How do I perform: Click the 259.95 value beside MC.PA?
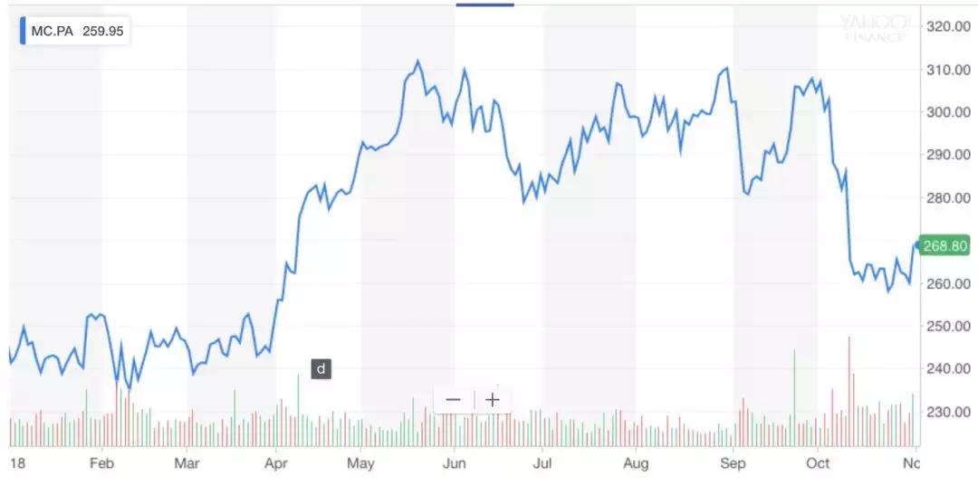tap(103, 31)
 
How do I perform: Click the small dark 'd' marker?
tap(321, 368)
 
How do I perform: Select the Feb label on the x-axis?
tap(101, 462)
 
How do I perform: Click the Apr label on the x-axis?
tap(275, 462)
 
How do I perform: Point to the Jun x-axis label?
tap(454, 462)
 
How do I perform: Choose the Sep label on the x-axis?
tap(733, 462)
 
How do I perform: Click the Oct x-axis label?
tap(818, 462)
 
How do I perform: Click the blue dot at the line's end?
tap(917, 245)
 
